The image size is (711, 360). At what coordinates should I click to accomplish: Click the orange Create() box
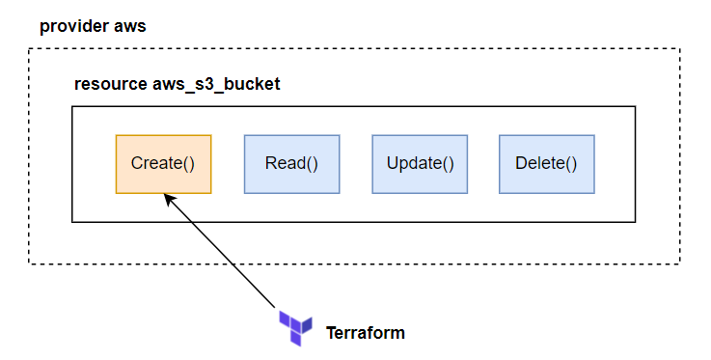click(x=163, y=163)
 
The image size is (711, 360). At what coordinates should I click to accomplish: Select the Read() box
click(x=291, y=163)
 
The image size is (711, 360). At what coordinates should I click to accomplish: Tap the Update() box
click(x=420, y=163)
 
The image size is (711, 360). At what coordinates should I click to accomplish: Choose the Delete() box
click(x=546, y=163)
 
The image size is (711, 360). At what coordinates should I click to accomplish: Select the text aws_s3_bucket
click(x=216, y=84)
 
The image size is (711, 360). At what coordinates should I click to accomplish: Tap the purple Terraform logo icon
click(x=295, y=328)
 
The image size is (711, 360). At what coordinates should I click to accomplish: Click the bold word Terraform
click(x=366, y=333)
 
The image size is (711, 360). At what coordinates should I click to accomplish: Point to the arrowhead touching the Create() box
click(x=168, y=198)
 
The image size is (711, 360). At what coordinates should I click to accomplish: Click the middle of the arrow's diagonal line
click(x=226, y=254)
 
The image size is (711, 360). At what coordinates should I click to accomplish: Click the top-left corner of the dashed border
click(x=29, y=49)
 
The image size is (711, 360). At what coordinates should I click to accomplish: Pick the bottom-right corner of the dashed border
click(x=680, y=263)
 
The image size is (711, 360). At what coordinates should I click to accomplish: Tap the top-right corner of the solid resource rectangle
click(x=636, y=107)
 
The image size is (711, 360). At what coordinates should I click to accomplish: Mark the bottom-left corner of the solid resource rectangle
click(x=72, y=222)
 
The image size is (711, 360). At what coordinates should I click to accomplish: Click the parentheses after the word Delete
click(x=571, y=163)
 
